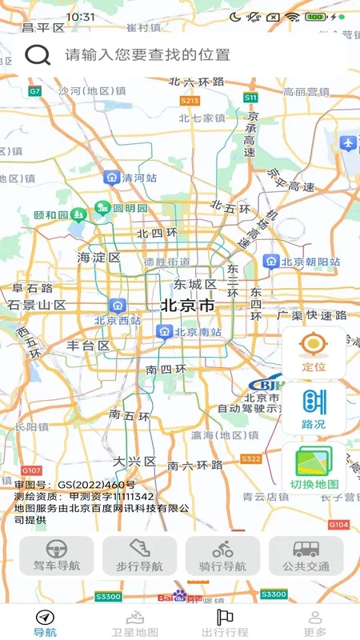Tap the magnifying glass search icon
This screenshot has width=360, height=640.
click(x=38, y=54)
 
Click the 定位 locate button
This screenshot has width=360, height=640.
click(x=314, y=352)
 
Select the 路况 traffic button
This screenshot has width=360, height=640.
click(x=314, y=408)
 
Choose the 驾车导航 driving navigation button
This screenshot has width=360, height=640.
click(x=56, y=555)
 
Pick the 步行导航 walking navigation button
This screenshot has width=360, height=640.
click(x=139, y=555)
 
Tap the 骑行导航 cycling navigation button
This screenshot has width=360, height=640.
click(x=222, y=555)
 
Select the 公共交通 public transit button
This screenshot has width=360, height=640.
click(x=306, y=555)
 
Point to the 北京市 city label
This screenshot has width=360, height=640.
click(x=187, y=305)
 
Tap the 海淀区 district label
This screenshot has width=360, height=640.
click(x=98, y=258)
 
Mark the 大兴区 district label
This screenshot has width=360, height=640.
click(x=132, y=462)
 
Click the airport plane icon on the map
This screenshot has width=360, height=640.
click(x=347, y=143)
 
